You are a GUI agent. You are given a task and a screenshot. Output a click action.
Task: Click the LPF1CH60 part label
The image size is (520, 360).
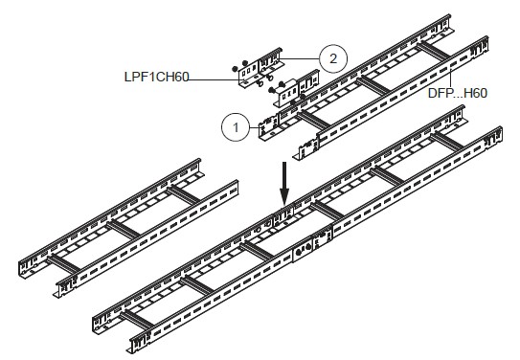(x=156, y=77)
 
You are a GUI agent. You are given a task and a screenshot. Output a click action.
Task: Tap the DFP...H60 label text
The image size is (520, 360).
(x=458, y=93)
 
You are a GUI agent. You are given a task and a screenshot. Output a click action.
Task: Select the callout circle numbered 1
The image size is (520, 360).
(x=236, y=127)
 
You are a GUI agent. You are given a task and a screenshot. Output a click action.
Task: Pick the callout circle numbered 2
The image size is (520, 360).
(x=333, y=58)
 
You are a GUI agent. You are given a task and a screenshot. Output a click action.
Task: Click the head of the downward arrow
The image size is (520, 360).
(x=284, y=197)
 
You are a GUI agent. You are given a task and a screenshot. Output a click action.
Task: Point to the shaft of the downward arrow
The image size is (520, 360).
(x=284, y=175)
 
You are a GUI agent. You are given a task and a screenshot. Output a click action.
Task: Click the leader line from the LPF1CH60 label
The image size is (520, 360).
(x=215, y=79)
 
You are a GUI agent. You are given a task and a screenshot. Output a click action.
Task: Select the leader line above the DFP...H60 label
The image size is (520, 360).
(x=451, y=77)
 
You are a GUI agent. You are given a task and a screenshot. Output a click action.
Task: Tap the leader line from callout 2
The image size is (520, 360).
(x=300, y=59)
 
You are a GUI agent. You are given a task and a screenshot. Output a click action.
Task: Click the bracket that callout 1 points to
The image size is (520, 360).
(x=269, y=128)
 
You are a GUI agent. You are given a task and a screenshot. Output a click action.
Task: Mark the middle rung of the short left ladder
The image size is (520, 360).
(x=124, y=230)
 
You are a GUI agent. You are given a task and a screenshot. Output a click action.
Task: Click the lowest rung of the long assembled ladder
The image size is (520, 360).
(x=137, y=320)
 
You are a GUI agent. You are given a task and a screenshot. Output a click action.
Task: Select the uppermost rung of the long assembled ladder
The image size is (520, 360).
(x=446, y=142)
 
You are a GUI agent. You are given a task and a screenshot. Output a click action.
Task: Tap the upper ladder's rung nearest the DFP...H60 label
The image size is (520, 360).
(x=433, y=52)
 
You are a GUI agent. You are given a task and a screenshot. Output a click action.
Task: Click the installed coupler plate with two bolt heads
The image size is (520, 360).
(x=303, y=249)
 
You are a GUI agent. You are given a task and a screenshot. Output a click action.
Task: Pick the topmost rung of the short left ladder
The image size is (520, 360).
(x=184, y=195)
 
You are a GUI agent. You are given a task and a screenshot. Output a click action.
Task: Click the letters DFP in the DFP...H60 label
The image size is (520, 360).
(x=439, y=93)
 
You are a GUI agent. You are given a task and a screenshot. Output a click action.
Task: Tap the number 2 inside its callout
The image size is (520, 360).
(x=333, y=58)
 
